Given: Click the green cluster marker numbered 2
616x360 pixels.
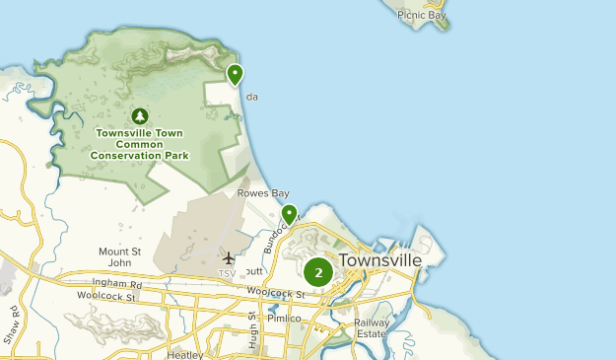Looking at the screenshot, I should [318, 272].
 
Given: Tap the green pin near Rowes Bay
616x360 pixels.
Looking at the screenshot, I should [289, 214].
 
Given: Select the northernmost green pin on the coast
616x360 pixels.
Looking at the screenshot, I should [235, 74].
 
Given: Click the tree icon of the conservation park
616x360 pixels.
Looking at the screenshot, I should [139, 116].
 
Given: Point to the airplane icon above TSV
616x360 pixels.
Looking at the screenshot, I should [229, 257].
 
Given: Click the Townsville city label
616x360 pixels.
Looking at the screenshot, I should [379, 260].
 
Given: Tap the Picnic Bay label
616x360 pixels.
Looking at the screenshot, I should [422, 16].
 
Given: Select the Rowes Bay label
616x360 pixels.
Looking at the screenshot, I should [262, 193].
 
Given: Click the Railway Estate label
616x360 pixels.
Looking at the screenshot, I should [372, 328].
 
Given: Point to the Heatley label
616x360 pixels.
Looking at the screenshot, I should [184, 354].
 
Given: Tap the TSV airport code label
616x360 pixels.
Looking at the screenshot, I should [228, 273].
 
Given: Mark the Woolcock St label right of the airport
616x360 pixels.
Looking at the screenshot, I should [272, 293].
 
